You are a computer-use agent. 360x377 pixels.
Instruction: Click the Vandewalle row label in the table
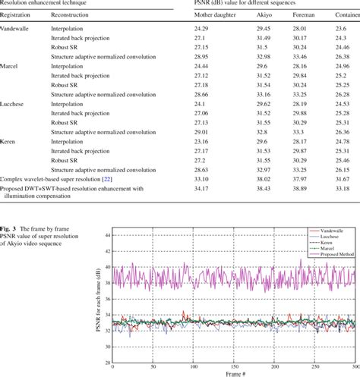(16, 27)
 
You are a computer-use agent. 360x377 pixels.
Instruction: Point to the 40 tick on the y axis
(106, 288)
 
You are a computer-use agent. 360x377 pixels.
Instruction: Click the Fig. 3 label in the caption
(11, 229)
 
